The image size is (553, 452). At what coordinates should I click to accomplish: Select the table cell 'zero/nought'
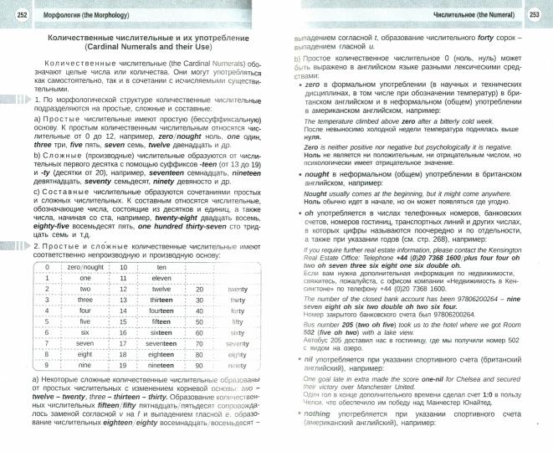coord(85,266)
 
